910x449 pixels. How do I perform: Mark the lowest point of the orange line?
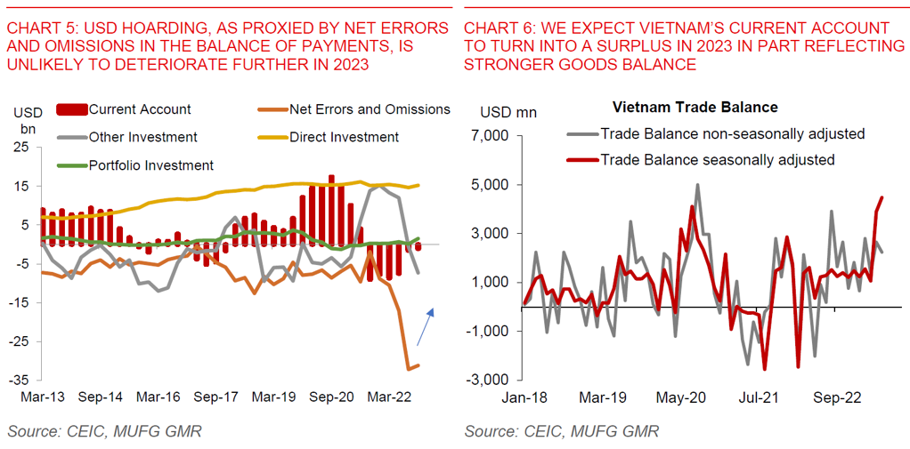(408, 369)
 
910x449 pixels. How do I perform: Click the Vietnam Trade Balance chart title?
(695, 108)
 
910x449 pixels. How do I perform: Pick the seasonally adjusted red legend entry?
(717, 160)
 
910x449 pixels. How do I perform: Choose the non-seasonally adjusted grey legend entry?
(732, 134)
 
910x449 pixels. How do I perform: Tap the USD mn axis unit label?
(508, 113)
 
